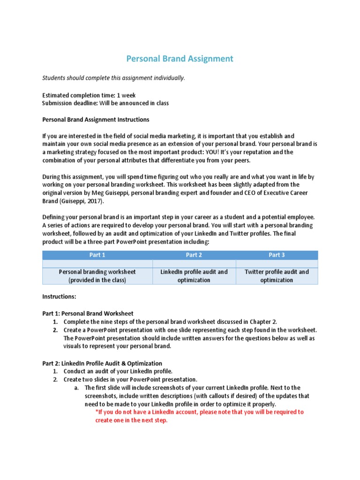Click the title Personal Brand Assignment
point(180,59)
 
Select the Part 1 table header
point(97,255)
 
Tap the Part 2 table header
point(194,255)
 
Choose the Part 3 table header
point(277,255)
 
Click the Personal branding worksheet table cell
point(97,276)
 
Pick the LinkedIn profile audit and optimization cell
point(194,276)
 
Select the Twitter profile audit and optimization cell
point(277,276)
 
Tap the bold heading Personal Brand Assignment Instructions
point(96,120)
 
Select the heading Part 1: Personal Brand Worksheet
point(88,314)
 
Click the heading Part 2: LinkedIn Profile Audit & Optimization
point(102,363)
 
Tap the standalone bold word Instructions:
point(59,297)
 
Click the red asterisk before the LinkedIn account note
point(96,412)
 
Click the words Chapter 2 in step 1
point(263,322)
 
